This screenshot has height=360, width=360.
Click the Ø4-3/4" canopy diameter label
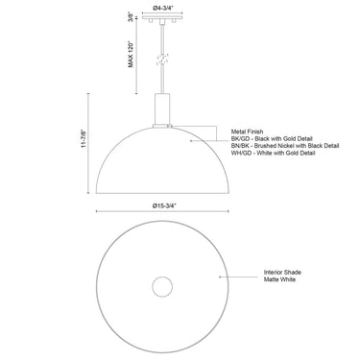click(x=161, y=11)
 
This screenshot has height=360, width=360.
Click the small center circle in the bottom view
click(x=160, y=289)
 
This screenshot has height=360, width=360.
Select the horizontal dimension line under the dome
click(x=161, y=213)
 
